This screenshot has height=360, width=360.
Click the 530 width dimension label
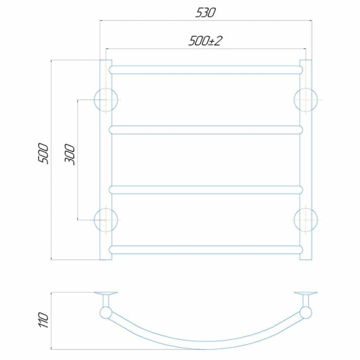tap(205, 13)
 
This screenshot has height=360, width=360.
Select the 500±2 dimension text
tap(205, 41)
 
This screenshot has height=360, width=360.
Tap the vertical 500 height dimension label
tap(43, 153)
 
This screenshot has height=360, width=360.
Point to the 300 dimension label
tap(70, 154)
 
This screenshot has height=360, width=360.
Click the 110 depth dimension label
tap(43, 320)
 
